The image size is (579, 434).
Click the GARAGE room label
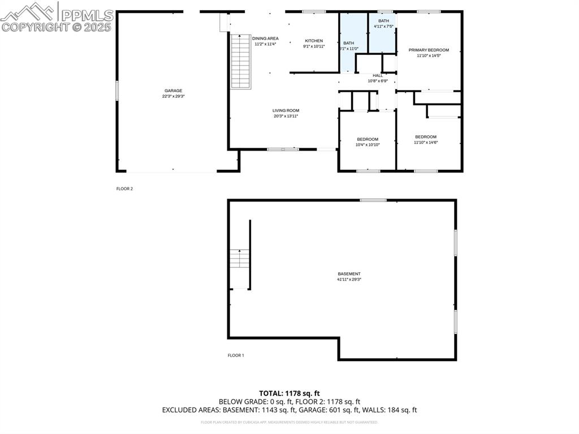click(173, 91)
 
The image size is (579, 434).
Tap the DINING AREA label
click(265, 38)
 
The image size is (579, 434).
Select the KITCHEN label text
click(314, 41)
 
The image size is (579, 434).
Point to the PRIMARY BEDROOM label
click(429, 50)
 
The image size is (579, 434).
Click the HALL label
click(377, 75)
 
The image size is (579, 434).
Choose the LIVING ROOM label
click(286, 110)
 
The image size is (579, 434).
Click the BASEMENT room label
click(349, 274)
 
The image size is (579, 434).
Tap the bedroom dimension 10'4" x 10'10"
click(368, 145)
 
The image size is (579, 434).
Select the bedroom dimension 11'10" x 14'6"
click(426, 143)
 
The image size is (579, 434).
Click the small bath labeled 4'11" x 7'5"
click(383, 27)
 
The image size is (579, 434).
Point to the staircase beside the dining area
click(240, 61)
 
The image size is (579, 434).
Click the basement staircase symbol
click(240, 259)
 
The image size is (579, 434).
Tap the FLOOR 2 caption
click(124, 189)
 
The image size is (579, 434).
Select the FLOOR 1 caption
click(235, 355)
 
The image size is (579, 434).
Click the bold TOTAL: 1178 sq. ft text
click(289, 393)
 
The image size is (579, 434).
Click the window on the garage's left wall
click(117, 91)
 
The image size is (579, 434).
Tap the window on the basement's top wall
click(373, 200)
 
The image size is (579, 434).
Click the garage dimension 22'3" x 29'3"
click(173, 96)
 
